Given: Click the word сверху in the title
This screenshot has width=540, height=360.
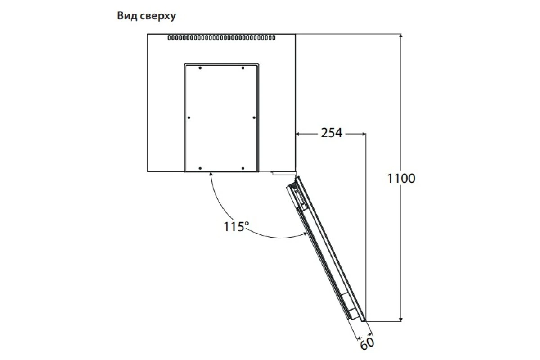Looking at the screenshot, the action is pyautogui.click(x=158, y=16).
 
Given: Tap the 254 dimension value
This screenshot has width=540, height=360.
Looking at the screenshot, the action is pyautogui.click(x=332, y=133).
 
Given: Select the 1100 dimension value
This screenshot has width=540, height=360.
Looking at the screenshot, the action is pyautogui.click(x=401, y=179).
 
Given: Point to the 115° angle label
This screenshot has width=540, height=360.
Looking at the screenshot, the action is pyautogui.click(x=236, y=226).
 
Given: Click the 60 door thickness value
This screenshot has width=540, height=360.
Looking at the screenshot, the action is pyautogui.click(x=367, y=343).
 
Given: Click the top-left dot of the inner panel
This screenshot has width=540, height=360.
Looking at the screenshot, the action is pyautogui.click(x=200, y=68).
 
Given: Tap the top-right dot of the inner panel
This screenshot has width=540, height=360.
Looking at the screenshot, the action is pyautogui.click(x=243, y=68).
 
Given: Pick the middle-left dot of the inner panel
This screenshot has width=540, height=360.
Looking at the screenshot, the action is pyautogui.click(x=189, y=117).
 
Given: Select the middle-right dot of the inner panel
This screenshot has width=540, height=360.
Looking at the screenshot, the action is pyautogui.click(x=254, y=117).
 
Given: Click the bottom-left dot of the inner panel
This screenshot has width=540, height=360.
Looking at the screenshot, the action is pyautogui.click(x=200, y=168).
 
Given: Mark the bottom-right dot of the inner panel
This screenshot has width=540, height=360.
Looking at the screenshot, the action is pyautogui.click(x=243, y=168).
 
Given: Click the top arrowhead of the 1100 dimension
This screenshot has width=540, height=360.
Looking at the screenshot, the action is pyautogui.click(x=400, y=36).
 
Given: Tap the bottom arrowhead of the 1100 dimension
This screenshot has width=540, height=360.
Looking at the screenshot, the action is pyautogui.click(x=400, y=319).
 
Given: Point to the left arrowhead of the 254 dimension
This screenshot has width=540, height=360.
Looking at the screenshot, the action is pyautogui.click(x=298, y=134).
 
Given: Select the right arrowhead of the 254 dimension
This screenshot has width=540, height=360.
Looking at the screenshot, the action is pyautogui.click(x=364, y=134).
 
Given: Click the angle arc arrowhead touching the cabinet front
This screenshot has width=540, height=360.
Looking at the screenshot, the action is pyautogui.click(x=211, y=174).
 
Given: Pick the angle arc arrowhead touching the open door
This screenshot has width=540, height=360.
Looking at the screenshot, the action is pyautogui.click(x=305, y=234).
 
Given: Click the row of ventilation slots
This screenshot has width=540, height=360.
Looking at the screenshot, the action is pyautogui.click(x=221, y=38).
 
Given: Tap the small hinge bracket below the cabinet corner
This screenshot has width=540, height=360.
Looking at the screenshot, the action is pyautogui.click(x=284, y=173).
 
